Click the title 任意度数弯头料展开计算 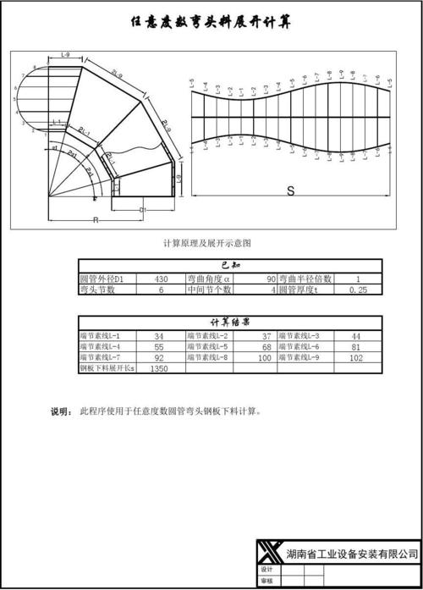[211, 24]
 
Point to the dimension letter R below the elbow [96, 219]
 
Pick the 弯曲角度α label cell [208, 278]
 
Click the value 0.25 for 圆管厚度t [358, 289]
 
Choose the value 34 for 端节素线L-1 [159, 336]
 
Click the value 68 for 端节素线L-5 [266, 347]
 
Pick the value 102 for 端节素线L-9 [356, 358]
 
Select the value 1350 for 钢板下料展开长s [159, 369]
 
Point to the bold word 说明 [61, 412]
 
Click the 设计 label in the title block [267, 571]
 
